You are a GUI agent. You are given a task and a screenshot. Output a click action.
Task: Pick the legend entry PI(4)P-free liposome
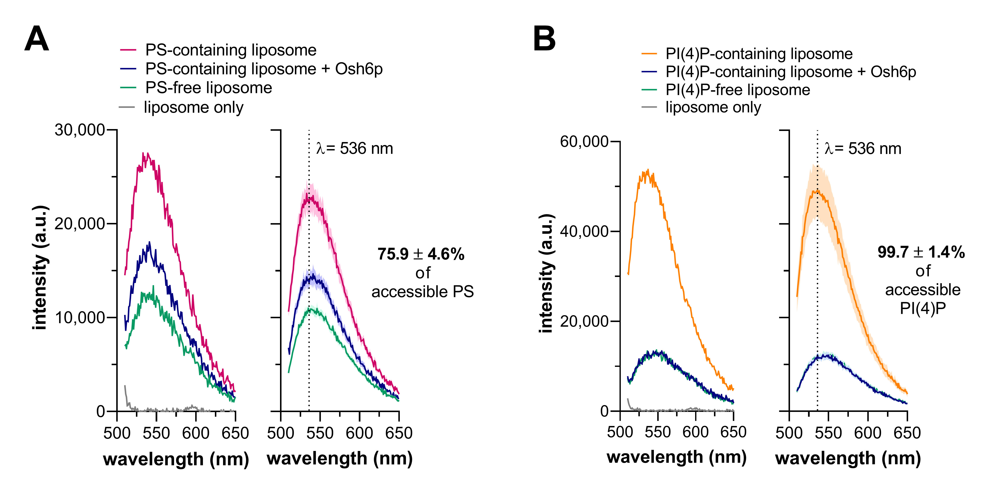tap(737, 90)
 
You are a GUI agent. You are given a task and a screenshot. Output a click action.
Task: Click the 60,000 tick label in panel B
tap(584, 142)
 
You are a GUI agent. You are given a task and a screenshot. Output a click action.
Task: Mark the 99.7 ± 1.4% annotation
tap(921, 252)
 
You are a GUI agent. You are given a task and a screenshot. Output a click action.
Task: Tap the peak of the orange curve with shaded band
tap(817, 191)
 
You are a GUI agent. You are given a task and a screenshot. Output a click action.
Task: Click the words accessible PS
tap(422, 292)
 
